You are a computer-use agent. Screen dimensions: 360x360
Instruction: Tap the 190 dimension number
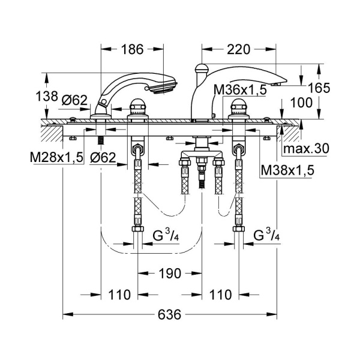[170, 274]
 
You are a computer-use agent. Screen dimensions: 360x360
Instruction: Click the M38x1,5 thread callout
[287, 170]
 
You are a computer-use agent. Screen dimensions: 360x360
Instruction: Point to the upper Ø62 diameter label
[76, 101]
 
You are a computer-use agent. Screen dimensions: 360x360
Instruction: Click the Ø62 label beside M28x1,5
[104, 158]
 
